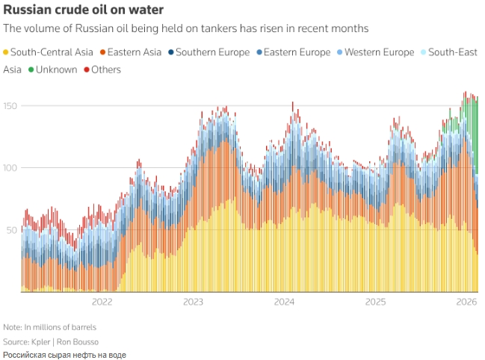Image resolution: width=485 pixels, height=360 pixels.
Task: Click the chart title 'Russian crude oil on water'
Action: coord(84,10)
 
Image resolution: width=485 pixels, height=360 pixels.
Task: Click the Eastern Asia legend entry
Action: coord(135,52)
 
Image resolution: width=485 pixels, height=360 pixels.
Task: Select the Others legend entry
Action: coord(105,69)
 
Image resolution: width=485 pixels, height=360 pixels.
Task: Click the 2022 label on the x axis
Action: coord(102,302)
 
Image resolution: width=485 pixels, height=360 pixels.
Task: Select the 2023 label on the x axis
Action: coord(193,302)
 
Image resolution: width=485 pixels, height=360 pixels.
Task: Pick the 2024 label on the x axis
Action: coord(284,302)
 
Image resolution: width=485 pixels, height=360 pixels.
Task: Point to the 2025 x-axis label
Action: coord(375,302)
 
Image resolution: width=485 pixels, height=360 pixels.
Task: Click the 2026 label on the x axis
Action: coord(466,302)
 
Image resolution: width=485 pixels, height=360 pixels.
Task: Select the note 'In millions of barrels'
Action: coord(61,327)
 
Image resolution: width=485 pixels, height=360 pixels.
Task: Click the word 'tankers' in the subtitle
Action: coord(209,28)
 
